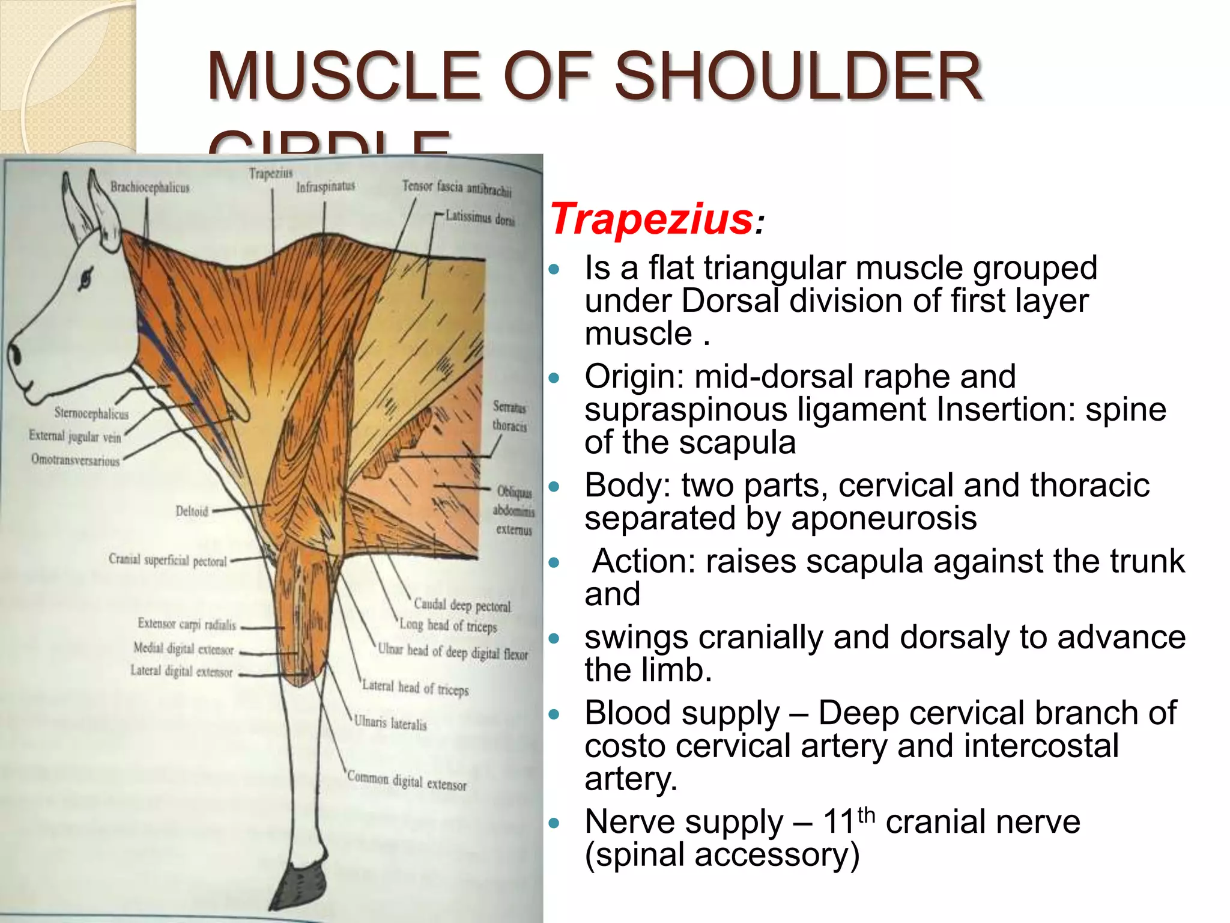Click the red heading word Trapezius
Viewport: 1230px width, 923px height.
(x=652, y=219)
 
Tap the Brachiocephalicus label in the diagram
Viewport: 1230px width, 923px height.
(x=150, y=187)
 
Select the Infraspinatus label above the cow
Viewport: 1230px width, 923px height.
(x=326, y=187)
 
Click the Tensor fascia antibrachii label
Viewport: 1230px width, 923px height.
(x=456, y=188)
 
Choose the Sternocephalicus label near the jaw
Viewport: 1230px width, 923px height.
(x=91, y=413)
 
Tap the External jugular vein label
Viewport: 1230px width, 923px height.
(x=75, y=436)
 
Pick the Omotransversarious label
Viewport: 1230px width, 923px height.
(x=76, y=460)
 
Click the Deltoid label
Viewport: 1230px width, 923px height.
(x=192, y=511)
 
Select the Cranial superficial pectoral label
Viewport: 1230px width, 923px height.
(x=168, y=560)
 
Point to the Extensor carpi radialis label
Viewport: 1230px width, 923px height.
(x=187, y=624)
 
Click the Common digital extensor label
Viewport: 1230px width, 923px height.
(x=407, y=781)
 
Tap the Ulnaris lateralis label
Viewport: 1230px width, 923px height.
(x=390, y=722)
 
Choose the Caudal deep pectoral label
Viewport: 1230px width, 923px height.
(x=462, y=605)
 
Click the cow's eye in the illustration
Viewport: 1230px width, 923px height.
(x=86, y=277)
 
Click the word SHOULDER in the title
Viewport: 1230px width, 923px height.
(x=798, y=76)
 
